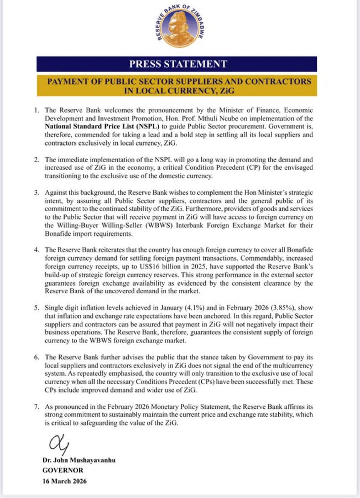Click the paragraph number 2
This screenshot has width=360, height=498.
(x=38, y=160)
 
